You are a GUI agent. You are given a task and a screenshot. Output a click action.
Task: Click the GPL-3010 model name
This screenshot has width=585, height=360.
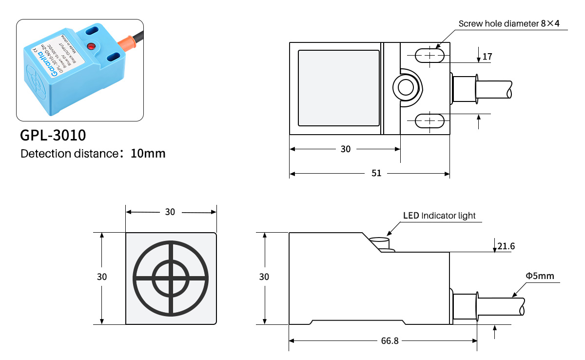53,134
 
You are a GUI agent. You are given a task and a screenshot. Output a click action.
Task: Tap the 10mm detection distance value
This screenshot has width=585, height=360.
148,154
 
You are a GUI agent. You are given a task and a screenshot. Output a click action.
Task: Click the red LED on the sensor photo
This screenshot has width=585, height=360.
90,46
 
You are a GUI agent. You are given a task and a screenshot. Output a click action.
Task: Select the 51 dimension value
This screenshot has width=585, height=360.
376,173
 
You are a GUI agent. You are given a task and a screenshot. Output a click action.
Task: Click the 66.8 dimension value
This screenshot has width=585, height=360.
390,341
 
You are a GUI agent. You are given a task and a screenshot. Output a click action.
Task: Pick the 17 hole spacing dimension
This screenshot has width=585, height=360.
487,57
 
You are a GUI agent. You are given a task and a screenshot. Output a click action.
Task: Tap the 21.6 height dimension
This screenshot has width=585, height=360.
506,246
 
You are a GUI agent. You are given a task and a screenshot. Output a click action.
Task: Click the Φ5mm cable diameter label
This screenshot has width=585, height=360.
540,276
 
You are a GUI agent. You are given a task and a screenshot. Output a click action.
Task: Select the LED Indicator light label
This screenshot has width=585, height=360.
439,216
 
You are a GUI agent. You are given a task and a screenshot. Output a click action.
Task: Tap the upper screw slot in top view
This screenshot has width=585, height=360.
429,56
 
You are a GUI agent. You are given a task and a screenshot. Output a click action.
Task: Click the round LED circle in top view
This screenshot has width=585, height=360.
406,88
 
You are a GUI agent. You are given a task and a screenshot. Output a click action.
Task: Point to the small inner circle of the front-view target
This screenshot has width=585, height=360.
171,278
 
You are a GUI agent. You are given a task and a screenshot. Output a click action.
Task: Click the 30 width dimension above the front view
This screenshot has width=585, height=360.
170,212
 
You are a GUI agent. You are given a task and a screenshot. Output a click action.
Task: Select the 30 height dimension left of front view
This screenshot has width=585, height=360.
101,277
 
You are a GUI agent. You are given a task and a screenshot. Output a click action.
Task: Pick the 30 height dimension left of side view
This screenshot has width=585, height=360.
264,277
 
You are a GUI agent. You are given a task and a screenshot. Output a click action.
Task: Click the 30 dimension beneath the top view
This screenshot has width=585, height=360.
346,149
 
